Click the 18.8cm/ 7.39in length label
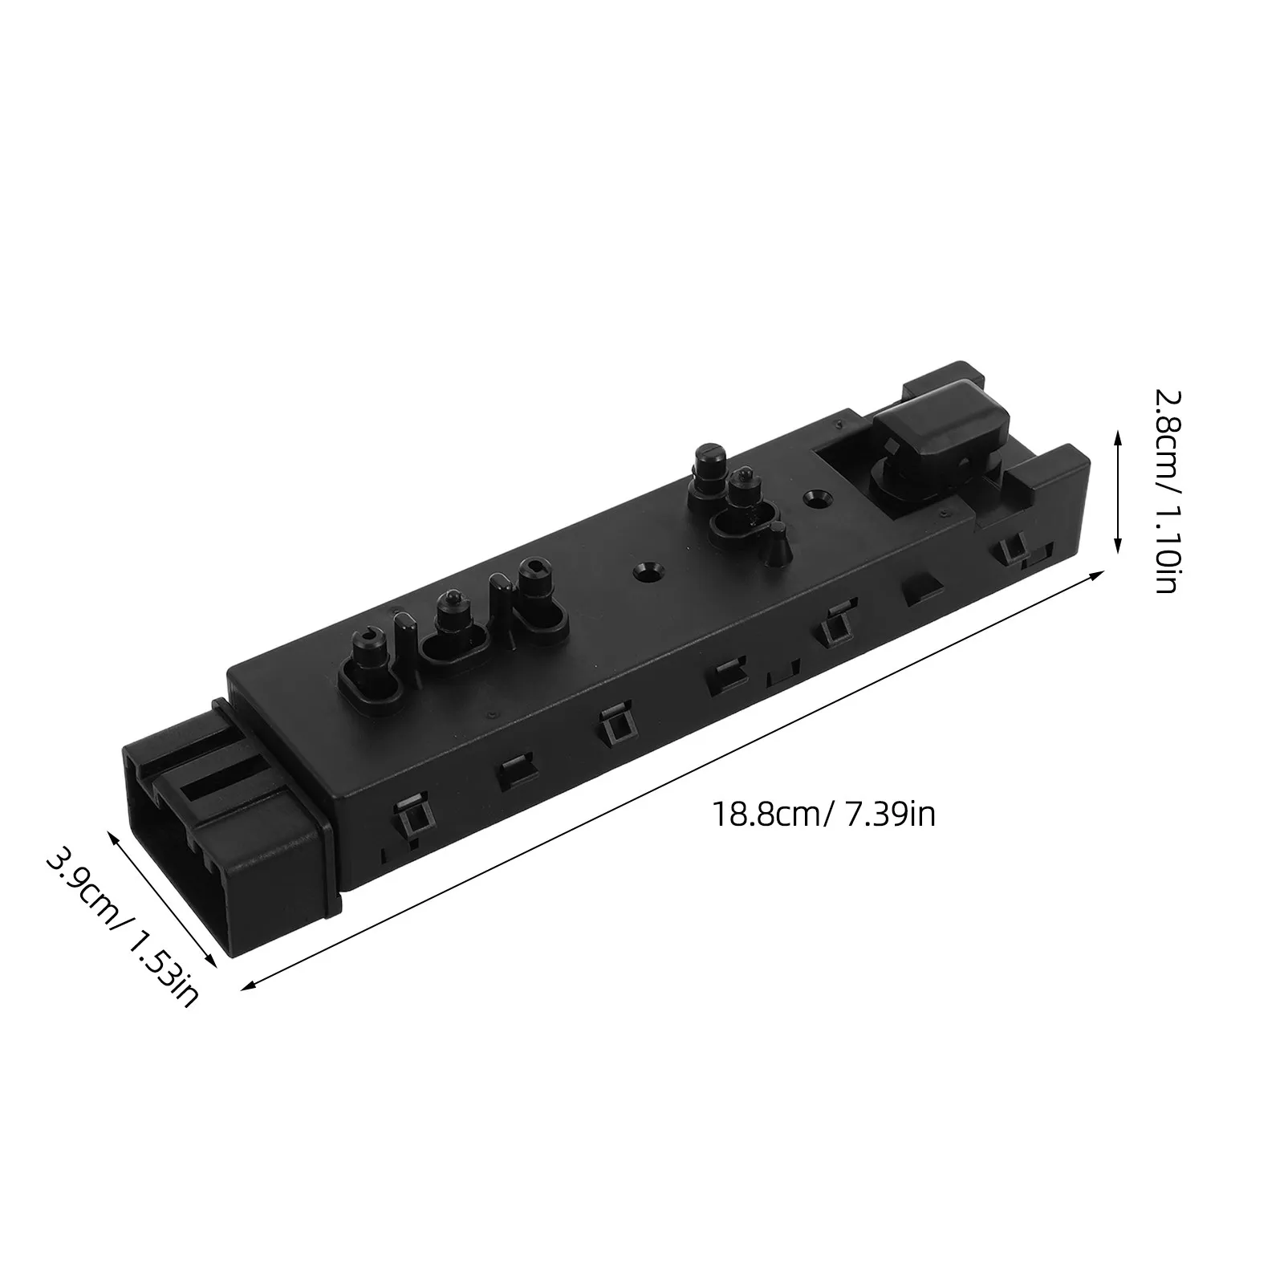[824, 815]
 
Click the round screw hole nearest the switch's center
[648, 572]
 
